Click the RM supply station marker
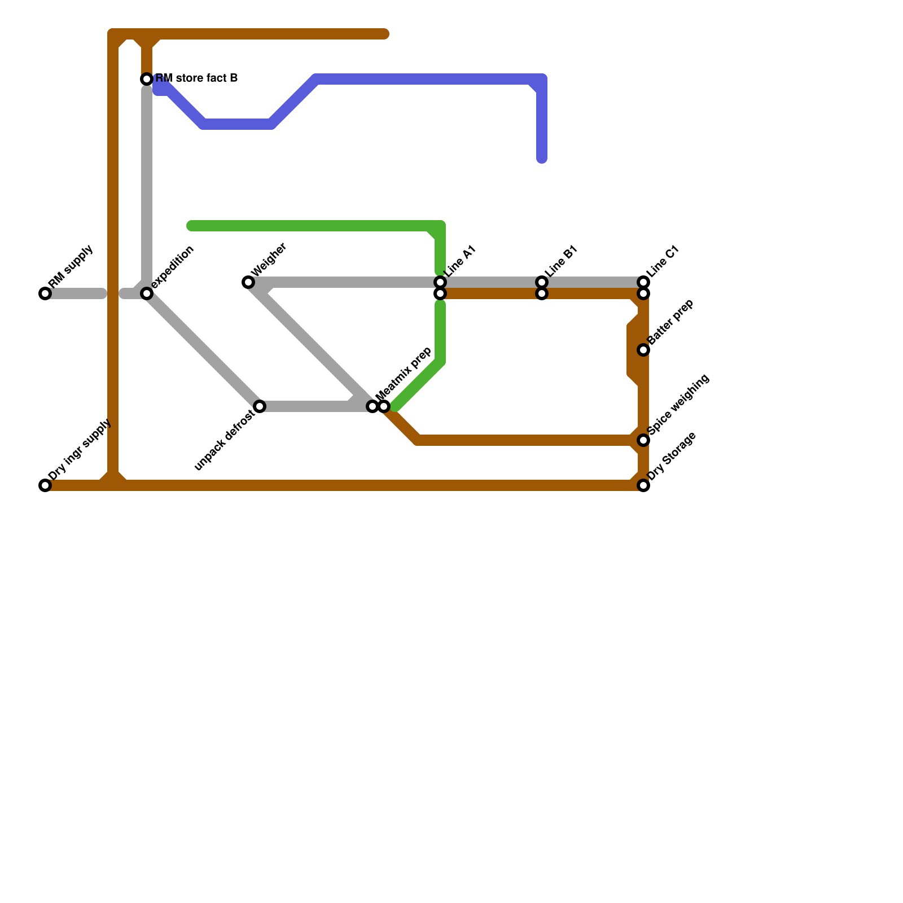click(45, 293)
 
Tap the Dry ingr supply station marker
click(45, 485)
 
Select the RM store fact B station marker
click(147, 79)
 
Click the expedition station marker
click(147, 293)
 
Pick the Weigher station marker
click(248, 282)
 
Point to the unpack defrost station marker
click(260, 406)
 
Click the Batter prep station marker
click(643, 350)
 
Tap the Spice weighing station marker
click(643, 440)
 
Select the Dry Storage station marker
click(643, 485)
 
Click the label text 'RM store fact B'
click(196, 78)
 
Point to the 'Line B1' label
click(561, 261)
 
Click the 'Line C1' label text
click(663, 261)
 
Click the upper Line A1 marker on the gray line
click(440, 282)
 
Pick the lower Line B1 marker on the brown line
click(542, 293)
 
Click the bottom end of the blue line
click(542, 159)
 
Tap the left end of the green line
click(191, 226)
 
